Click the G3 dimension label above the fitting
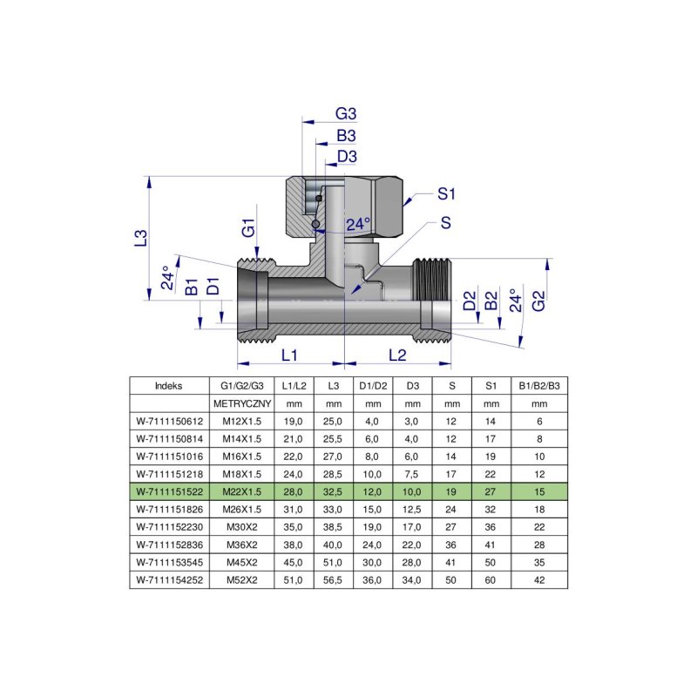347,114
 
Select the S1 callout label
447,193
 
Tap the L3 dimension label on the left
140,237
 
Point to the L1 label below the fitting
290,355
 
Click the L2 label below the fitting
397,355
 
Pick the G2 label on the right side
539,301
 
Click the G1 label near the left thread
248,229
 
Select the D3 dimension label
347,157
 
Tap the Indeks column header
169,385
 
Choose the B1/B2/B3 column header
539,385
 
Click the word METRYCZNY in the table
242,403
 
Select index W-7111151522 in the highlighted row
169,491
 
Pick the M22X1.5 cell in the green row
242,491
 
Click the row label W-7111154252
169,578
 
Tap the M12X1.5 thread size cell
242,421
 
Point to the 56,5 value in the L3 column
333,578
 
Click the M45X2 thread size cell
242,560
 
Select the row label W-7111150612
169,421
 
